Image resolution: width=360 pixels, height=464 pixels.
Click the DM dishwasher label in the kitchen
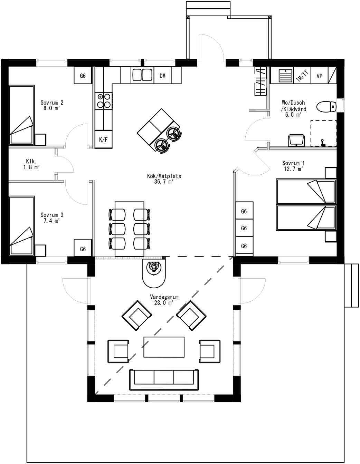162,76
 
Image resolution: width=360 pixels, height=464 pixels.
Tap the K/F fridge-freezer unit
103,140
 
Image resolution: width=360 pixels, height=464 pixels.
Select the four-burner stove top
104,101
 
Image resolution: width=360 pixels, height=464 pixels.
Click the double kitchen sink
142,75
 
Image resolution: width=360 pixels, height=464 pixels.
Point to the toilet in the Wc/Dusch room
326,107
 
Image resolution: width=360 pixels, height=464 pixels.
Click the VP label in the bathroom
319,76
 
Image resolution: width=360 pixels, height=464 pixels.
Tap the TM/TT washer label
302,76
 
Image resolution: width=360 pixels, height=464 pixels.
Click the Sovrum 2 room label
52,103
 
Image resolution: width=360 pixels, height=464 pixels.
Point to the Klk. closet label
31,161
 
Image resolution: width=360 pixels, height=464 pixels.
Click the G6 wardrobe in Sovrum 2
83,76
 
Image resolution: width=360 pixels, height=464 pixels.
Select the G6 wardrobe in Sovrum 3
83,249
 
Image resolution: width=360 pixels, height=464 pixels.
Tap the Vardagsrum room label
164,297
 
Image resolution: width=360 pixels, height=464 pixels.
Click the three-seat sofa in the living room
164,379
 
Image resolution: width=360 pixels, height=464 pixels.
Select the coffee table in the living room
164,347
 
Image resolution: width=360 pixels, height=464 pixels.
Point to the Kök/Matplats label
164,176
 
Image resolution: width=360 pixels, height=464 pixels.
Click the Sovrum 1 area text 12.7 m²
293,169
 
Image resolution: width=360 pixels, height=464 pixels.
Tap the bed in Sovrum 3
22,226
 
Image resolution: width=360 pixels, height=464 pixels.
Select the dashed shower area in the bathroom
323,133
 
